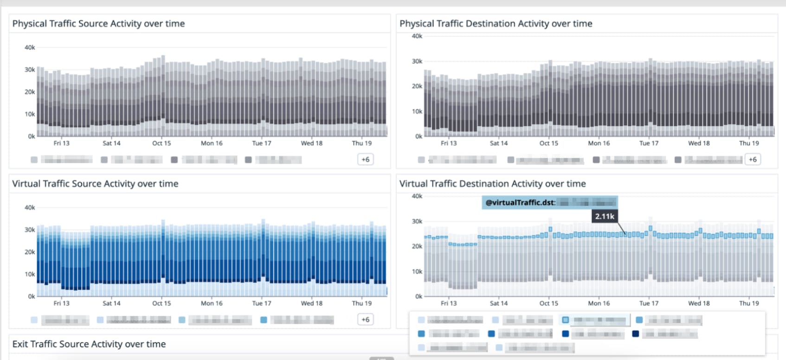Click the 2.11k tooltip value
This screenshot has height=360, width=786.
(x=605, y=216)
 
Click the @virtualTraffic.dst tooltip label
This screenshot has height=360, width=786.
(x=520, y=203)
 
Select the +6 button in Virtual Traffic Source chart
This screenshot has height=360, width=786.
(x=365, y=320)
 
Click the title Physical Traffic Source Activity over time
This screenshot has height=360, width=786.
(x=98, y=24)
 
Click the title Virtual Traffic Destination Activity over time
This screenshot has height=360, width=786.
(x=492, y=184)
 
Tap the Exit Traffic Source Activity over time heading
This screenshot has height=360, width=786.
(x=89, y=344)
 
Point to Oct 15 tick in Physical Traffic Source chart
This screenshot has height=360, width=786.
(x=161, y=143)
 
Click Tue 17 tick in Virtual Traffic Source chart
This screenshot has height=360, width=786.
(x=261, y=303)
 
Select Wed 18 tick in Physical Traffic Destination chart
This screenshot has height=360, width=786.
(x=699, y=143)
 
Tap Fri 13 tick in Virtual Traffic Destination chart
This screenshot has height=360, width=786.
(x=449, y=303)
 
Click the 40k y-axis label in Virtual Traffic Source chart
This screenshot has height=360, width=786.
(x=30, y=208)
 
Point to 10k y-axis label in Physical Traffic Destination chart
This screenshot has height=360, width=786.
(x=417, y=112)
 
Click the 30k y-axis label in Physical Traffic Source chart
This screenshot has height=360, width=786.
(x=30, y=70)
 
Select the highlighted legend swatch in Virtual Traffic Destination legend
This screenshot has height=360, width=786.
(x=565, y=320)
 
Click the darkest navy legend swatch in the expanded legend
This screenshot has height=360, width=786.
(x=636, y=334)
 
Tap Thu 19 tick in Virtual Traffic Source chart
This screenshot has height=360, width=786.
(x=361, y=303)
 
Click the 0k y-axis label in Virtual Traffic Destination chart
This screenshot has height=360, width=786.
(x=419, y=296)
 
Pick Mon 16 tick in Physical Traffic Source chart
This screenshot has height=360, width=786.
(x=212, y=143)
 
